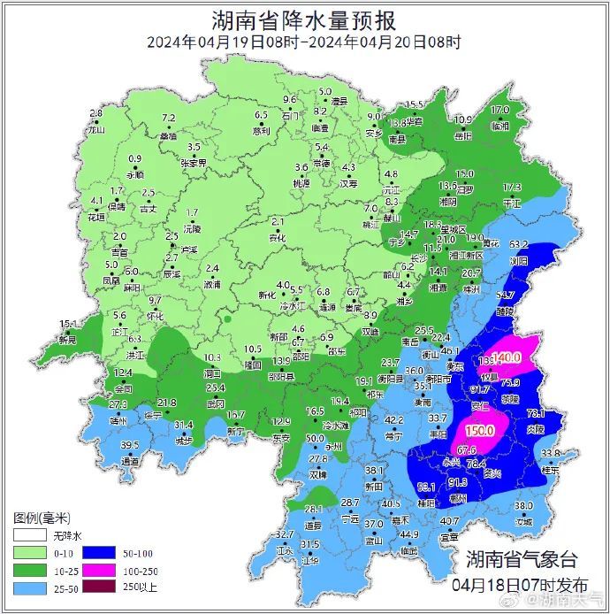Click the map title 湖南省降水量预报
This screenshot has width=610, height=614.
304,19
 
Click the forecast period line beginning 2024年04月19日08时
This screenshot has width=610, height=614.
303,42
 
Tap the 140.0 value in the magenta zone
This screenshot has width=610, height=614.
507,357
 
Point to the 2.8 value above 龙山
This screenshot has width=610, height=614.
96,114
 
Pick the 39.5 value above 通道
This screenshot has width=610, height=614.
130,445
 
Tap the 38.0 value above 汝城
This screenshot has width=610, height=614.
524,506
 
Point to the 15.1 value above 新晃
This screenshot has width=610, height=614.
68,324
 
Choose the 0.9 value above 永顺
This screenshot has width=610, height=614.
135,159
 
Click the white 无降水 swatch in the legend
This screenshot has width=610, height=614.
28,536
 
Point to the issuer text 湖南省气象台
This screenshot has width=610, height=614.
521,559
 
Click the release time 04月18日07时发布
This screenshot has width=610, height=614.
519,585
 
